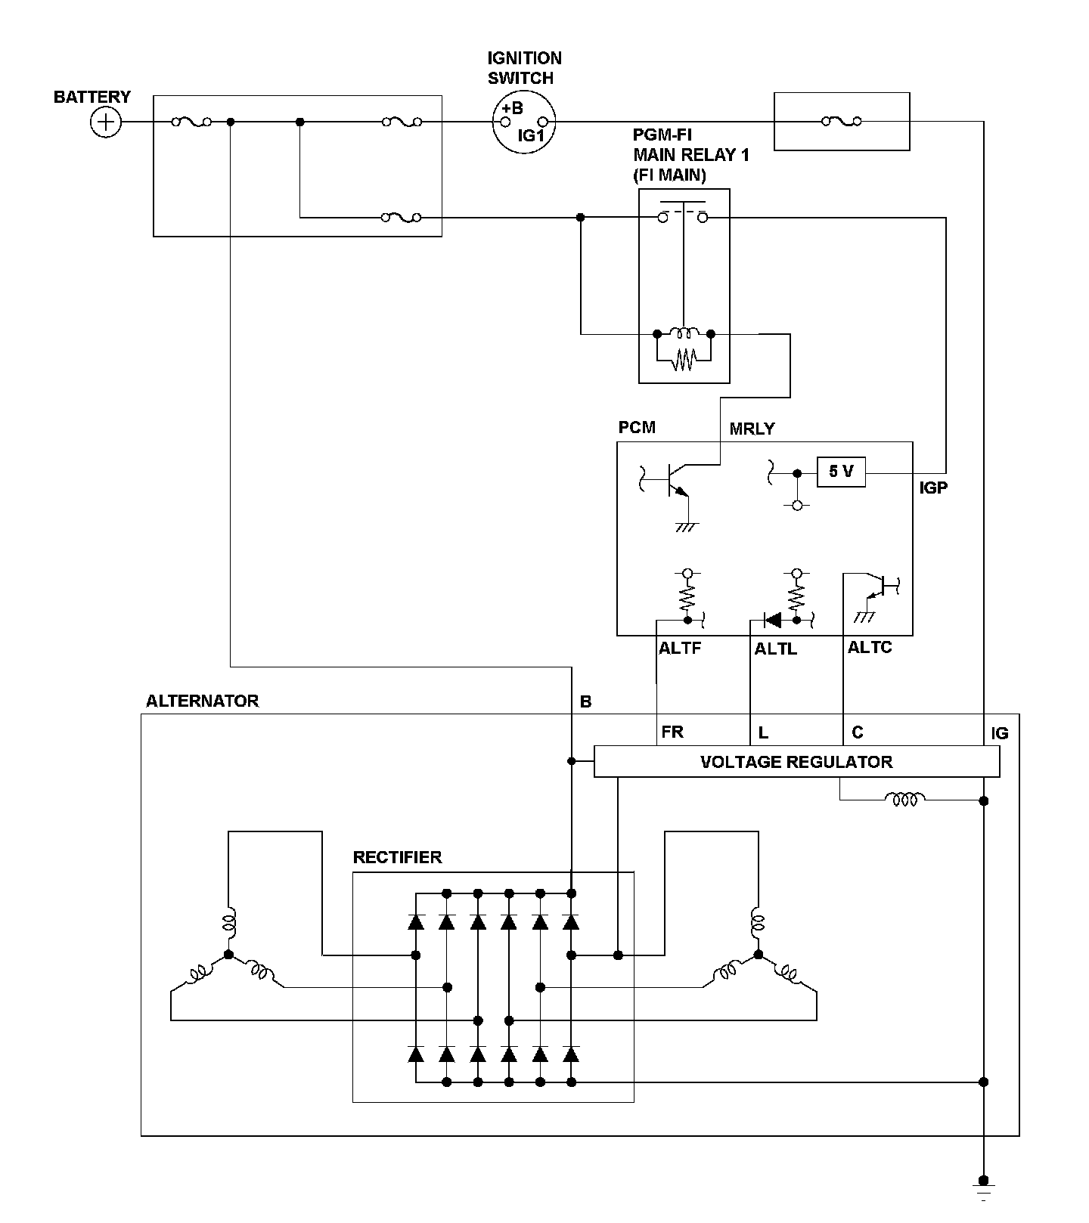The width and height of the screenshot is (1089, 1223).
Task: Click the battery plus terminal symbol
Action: click(106, 122)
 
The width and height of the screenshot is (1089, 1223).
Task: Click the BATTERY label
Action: click(92, 97)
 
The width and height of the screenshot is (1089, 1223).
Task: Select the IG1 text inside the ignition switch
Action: click(531, 135)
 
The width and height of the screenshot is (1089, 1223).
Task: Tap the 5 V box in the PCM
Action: click(841, 472)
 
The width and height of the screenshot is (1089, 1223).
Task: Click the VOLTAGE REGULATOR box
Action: click(797, 762)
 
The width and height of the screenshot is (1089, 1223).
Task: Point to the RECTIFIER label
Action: click(397, 857)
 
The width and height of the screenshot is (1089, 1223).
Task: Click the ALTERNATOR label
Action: click(202, 701)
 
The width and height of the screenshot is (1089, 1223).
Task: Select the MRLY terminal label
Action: click(752, 429)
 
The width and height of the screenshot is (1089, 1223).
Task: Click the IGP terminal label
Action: click(933, 488)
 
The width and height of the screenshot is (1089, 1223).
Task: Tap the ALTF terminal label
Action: click(680, 648)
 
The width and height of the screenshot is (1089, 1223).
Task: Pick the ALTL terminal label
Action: click(776, 649)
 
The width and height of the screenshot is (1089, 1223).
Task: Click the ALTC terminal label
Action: click(870, 647)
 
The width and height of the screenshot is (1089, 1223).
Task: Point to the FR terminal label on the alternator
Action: click(672, 732)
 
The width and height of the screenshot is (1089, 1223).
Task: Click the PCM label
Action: click(637, 427)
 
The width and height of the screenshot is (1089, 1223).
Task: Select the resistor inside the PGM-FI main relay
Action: click(684, 360)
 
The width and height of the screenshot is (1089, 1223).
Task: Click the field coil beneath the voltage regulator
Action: click(905, 798)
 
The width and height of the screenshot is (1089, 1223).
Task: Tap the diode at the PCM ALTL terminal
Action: click(772, 621)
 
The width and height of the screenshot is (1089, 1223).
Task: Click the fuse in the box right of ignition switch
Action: click(841, 121)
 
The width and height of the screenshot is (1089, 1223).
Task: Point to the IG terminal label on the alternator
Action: click(1000, 733)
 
